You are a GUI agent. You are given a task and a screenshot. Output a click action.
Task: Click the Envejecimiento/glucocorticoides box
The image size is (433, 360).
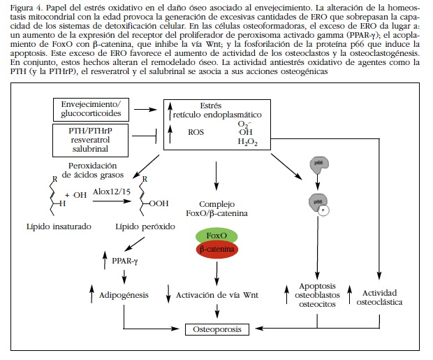click(x=91, y=108)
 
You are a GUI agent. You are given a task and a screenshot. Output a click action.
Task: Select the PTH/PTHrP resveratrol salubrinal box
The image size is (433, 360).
click(x=91, y=139)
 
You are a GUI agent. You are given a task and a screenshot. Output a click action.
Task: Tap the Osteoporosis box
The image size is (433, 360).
click(x=216, y=328)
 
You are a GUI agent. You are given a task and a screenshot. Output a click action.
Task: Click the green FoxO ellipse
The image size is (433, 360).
click(x=216, y=236)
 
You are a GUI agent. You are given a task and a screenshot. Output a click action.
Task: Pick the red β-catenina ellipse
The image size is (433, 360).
click(x=216, y=250)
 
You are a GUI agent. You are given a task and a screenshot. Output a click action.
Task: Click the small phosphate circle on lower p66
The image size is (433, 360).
click(x=324, y=209)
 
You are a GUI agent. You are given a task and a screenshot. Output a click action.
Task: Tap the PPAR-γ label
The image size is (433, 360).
click(x=126, y=261)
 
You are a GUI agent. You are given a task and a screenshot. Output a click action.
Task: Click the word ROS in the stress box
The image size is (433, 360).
click(x=197, y=131)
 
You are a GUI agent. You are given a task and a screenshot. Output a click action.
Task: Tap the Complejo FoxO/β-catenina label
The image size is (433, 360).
click(x=216, y=208)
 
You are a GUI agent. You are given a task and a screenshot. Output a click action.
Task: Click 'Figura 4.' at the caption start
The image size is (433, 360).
click(x=21, y=6)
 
